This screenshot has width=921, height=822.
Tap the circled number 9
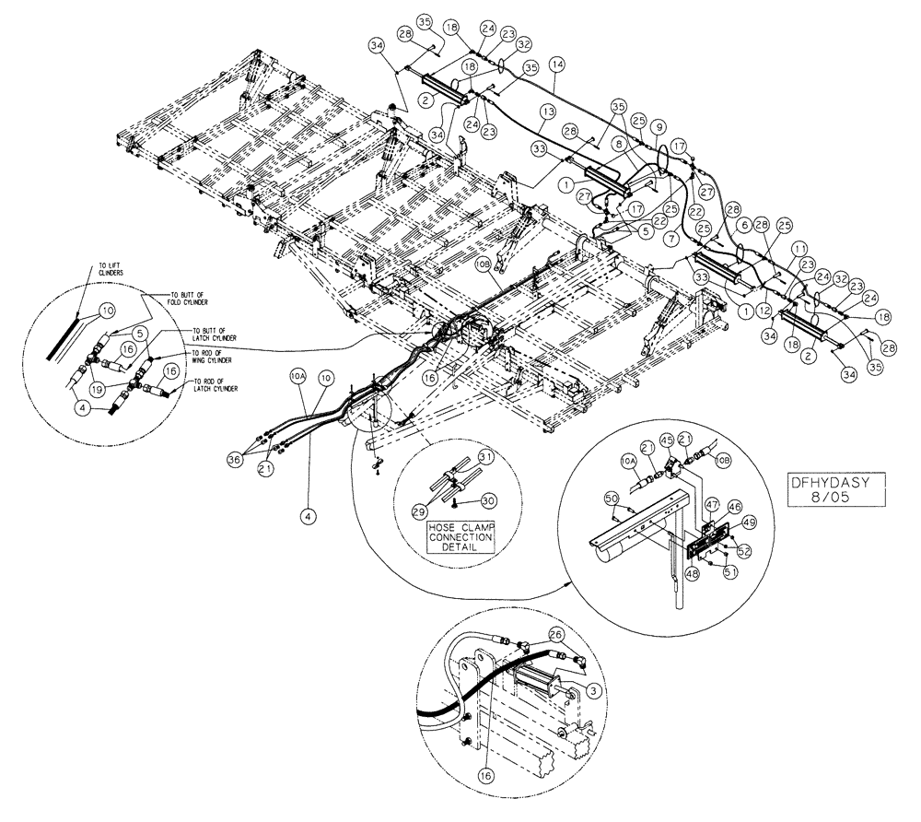pos(658,126)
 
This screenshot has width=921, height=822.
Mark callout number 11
pos(799,248)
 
